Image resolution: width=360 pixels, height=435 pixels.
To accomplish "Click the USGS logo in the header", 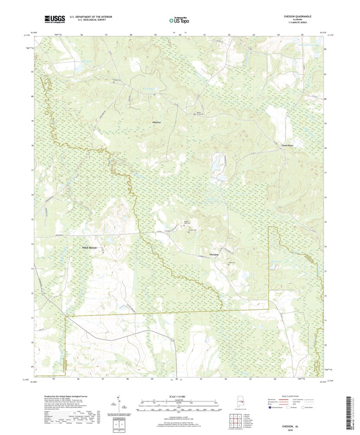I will pyautogui.click(x=54, y=19).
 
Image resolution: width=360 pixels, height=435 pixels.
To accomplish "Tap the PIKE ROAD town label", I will pyautogui.click(x=91, y=247).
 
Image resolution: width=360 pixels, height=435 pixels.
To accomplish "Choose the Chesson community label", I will pyautogui.click(x=214, y=254).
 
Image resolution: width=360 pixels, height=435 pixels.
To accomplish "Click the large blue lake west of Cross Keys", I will pyautogui.click(x=216, y=164).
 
